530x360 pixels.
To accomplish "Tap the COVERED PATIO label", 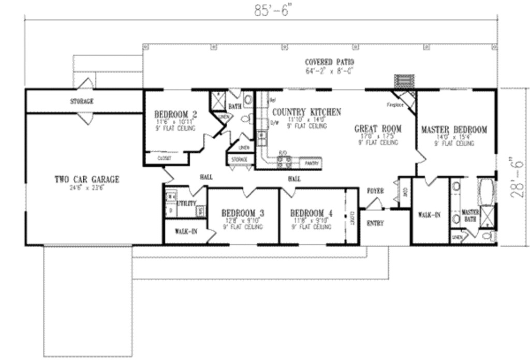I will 329,62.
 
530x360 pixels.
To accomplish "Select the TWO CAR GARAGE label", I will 87,180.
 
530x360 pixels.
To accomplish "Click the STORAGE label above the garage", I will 82,102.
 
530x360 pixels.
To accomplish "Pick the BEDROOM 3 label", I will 243,213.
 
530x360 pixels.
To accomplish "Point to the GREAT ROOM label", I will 378,129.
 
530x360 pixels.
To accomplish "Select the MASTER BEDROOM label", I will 454,129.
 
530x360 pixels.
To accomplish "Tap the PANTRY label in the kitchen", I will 311,163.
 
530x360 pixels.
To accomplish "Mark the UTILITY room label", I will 186,204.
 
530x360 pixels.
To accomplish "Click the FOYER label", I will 375,191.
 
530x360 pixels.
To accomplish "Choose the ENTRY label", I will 375,223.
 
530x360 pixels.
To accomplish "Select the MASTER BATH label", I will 470,215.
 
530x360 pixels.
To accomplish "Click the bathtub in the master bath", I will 487,192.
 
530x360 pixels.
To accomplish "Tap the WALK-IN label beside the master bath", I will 429,214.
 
